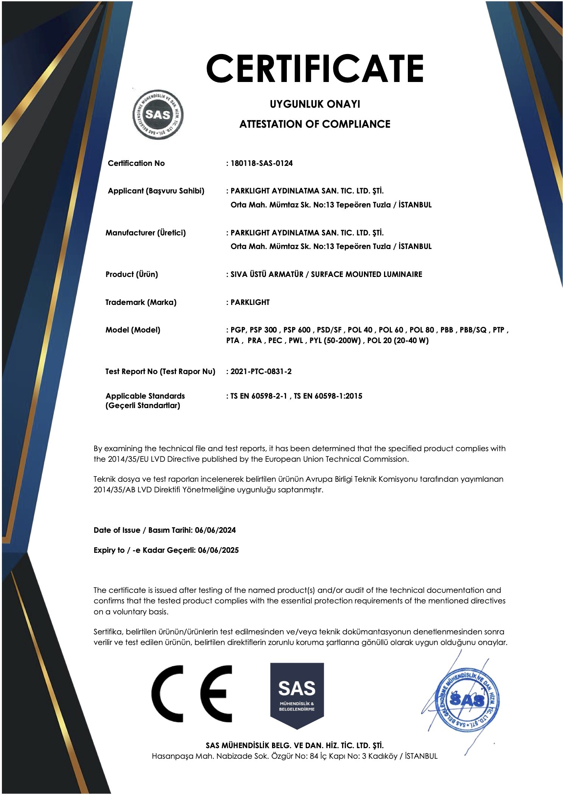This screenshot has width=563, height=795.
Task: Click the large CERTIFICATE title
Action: [314, 68]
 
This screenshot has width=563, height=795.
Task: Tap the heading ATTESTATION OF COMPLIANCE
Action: [314, 124]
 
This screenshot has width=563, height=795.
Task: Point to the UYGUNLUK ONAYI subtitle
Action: [314, 104]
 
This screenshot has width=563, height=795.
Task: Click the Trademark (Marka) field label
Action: [141, 302]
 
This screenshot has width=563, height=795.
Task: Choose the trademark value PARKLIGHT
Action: [250, 302]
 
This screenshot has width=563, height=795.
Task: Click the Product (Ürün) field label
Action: [131, 274]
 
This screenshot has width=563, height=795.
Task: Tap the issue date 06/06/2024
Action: [215, 530]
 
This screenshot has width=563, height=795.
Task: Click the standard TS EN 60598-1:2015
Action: [328, 396]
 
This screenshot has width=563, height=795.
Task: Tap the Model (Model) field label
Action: [132, 330]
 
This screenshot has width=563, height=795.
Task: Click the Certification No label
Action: [136, 163]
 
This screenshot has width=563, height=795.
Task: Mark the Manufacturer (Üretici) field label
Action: [145, 233]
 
